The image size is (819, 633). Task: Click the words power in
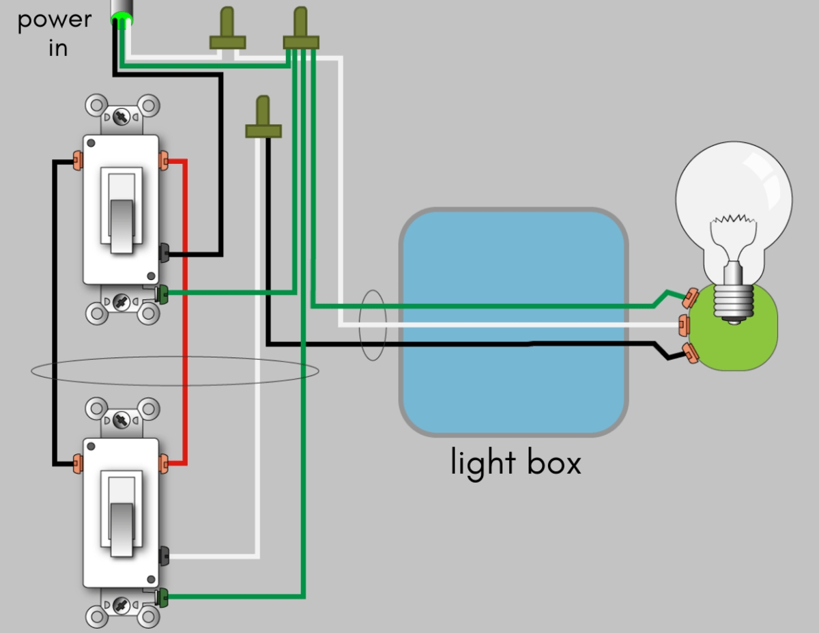click(54, 32)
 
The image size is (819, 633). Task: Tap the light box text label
click(516, 463)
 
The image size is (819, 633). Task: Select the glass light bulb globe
click(734, 198)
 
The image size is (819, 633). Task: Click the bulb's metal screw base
click(734, 300)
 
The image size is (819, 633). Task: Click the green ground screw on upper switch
click(162, 294)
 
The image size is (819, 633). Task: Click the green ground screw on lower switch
click(162, 597)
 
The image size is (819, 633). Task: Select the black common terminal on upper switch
click(164, 253)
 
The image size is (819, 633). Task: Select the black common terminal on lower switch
click(164, 556)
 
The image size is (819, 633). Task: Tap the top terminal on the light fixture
click(690, 297)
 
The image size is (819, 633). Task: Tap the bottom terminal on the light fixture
click(690, 352)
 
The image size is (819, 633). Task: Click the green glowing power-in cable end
click(121, 18)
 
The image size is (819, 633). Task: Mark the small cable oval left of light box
click(373, 325)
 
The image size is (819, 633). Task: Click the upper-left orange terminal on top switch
click(76, 163)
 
